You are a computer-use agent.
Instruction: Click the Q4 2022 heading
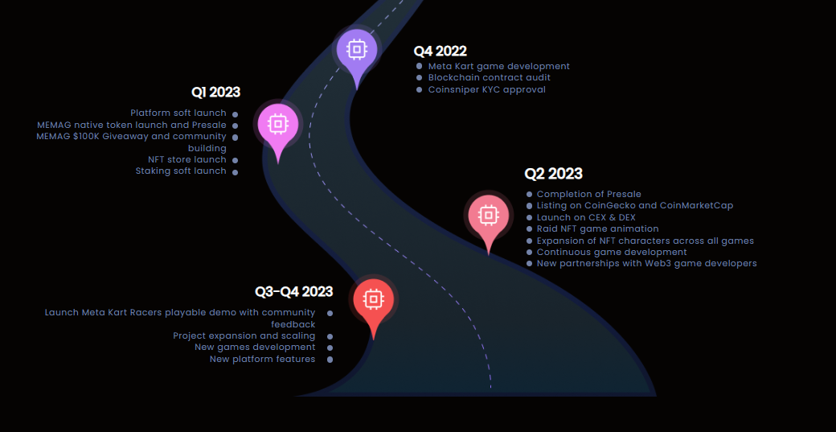point(440,51)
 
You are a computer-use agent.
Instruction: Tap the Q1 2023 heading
point(215,93)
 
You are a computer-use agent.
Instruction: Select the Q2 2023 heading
point(553,174)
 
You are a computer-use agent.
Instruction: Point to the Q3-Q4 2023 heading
point(293,292)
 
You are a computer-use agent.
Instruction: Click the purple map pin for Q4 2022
point(355,51)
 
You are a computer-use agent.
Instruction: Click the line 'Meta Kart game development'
point(498,66)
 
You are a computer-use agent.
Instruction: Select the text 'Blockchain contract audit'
point(489,78)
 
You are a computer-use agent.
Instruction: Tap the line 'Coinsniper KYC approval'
point(486,89)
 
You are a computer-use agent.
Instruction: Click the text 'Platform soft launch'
point(178,113)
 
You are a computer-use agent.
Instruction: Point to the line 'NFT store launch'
point(186,159)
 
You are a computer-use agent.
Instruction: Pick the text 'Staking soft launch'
point(181,171)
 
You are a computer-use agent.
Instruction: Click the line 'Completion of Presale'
point(588,194)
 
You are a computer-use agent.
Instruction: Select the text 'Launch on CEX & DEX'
point(586,217)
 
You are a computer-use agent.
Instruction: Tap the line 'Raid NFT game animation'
point(597,228)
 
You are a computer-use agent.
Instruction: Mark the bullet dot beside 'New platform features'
point(330,360)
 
